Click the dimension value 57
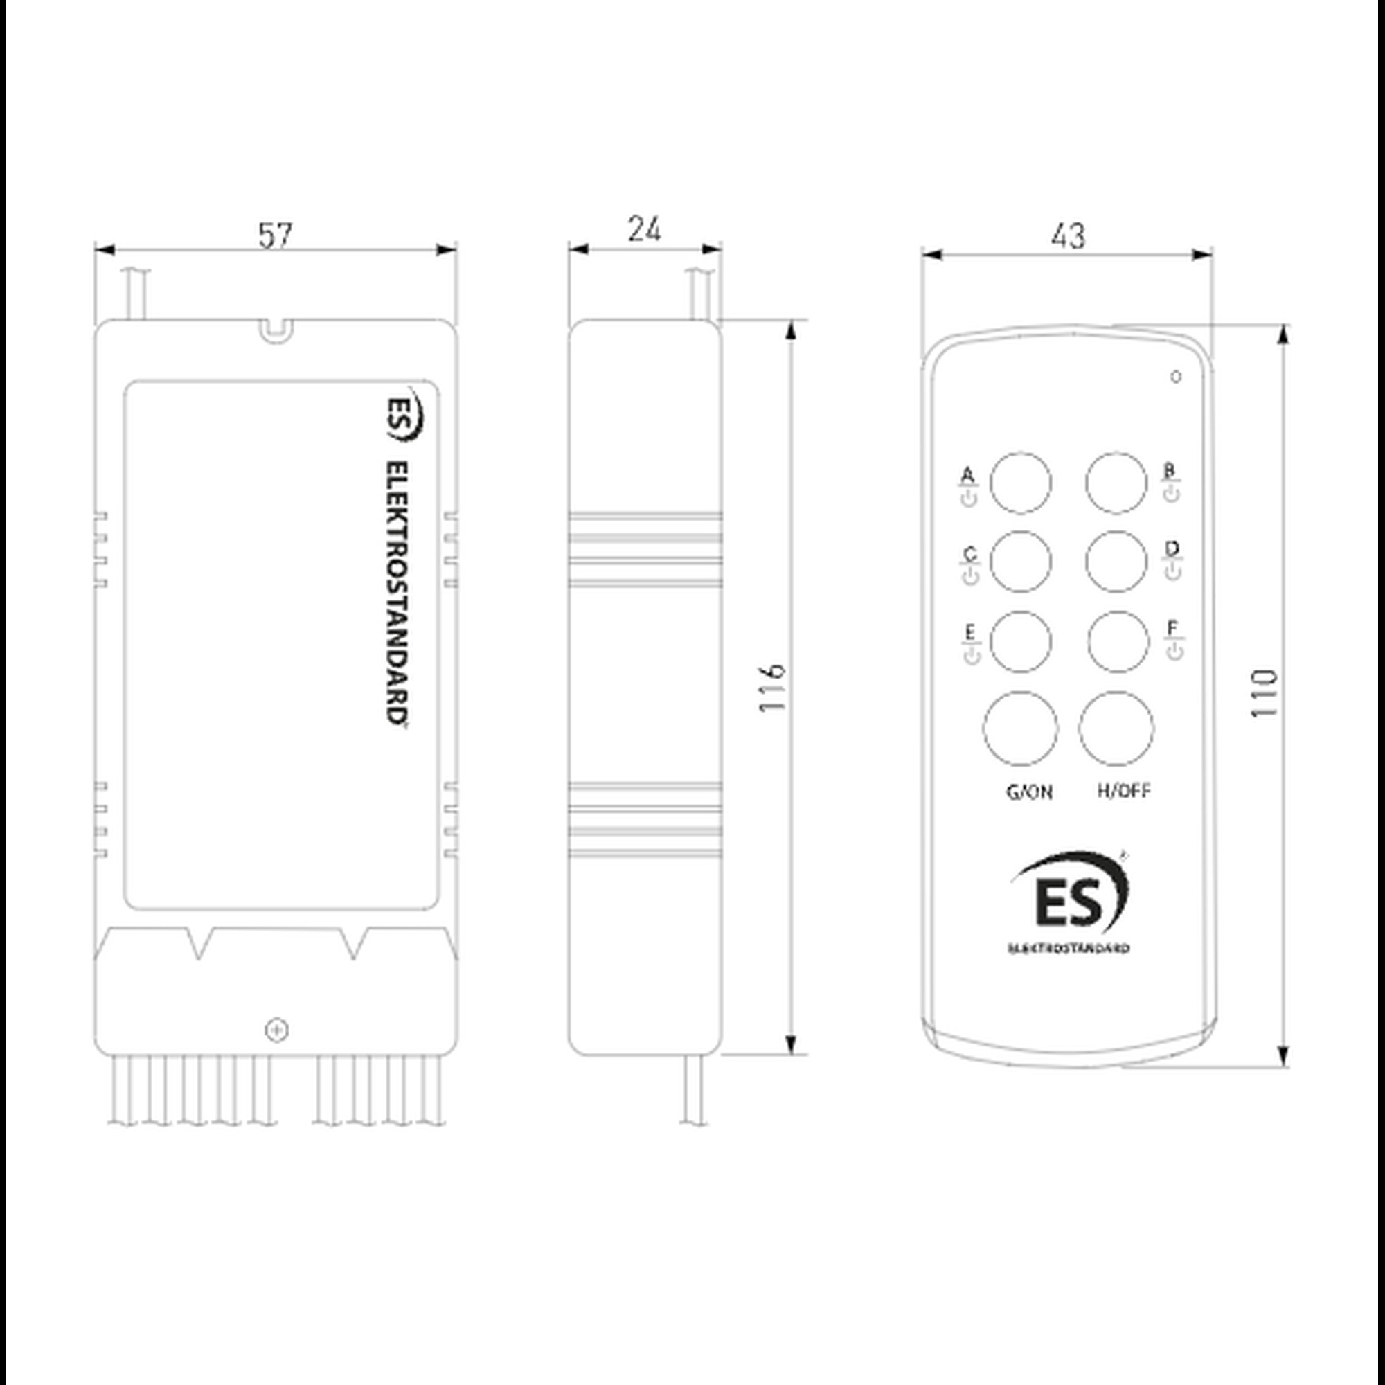tap(276, 236)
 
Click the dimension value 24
tap(645, 229)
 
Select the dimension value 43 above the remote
tap(1068, 236)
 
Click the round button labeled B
tap(1116, 483)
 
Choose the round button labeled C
tap(1021, 562)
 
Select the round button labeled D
tap(1116, 562)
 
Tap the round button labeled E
tap(1021, 642)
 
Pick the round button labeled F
tap(1118, 642)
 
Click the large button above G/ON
tap(1020, 729)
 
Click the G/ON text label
tap(1030, 792)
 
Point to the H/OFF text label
tap(1124, 791)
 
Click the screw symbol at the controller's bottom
tap(277, 1031)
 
